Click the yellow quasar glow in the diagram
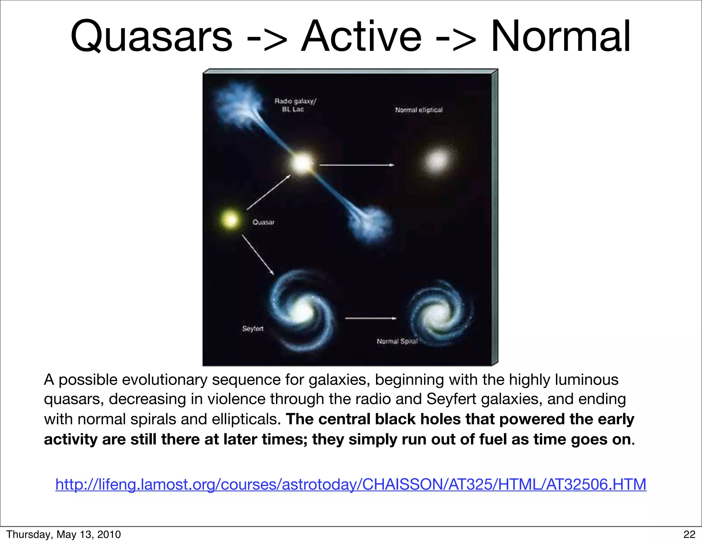[x=231, y=219]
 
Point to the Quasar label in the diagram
[x=263, y=222]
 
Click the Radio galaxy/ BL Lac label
[x=295, y=105]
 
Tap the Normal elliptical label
[x=419, y=110]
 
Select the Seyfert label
[x=253, y=328]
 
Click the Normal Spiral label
[x=397, y=341]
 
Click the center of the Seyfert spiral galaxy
[x=302, y=311]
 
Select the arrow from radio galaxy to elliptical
[x=356, y=165]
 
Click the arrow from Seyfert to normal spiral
[x=370, y=318]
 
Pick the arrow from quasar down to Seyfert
[x=258, y=254]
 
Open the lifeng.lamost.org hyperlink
[x=351, y=484]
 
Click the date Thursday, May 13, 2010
[x=64, y=534]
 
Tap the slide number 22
[x=689, y=534]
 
